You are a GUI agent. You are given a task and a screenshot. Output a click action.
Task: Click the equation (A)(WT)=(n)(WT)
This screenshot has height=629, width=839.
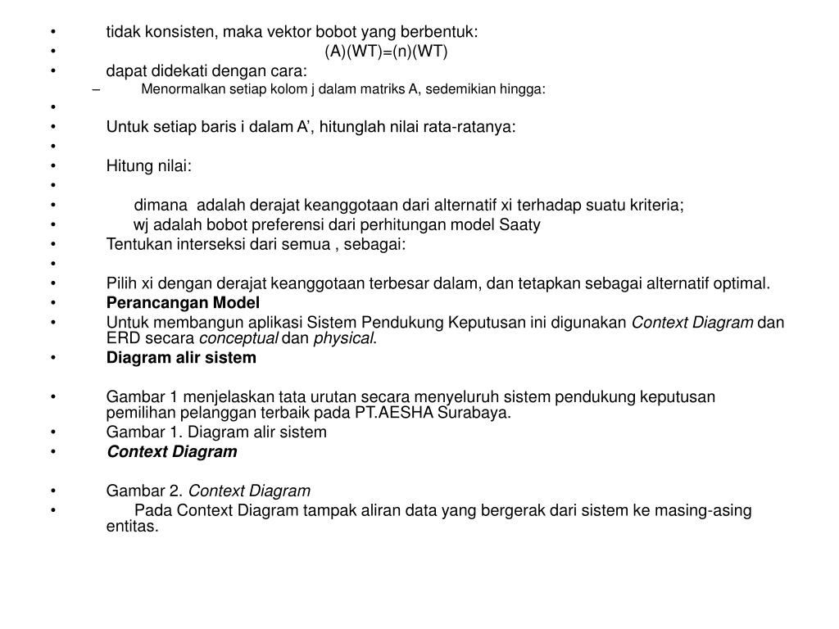click(x=387, y=52)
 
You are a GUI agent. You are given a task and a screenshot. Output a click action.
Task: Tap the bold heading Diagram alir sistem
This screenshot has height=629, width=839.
click(x=181, y=358)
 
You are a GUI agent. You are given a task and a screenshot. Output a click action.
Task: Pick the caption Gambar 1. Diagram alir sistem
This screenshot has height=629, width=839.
click(x=216, y=432)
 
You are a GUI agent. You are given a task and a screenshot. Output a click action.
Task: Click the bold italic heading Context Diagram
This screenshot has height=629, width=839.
click(x=171, y=452)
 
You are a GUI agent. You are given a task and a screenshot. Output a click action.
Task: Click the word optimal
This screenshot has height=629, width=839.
click(x=743, y=284)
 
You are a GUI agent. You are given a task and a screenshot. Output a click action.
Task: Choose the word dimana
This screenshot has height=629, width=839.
click(x=161, y=206)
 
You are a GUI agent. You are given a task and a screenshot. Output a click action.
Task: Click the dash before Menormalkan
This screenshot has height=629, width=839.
click(x=97, y=89)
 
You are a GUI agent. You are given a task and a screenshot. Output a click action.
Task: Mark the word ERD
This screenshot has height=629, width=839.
click(x=123, y=338)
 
